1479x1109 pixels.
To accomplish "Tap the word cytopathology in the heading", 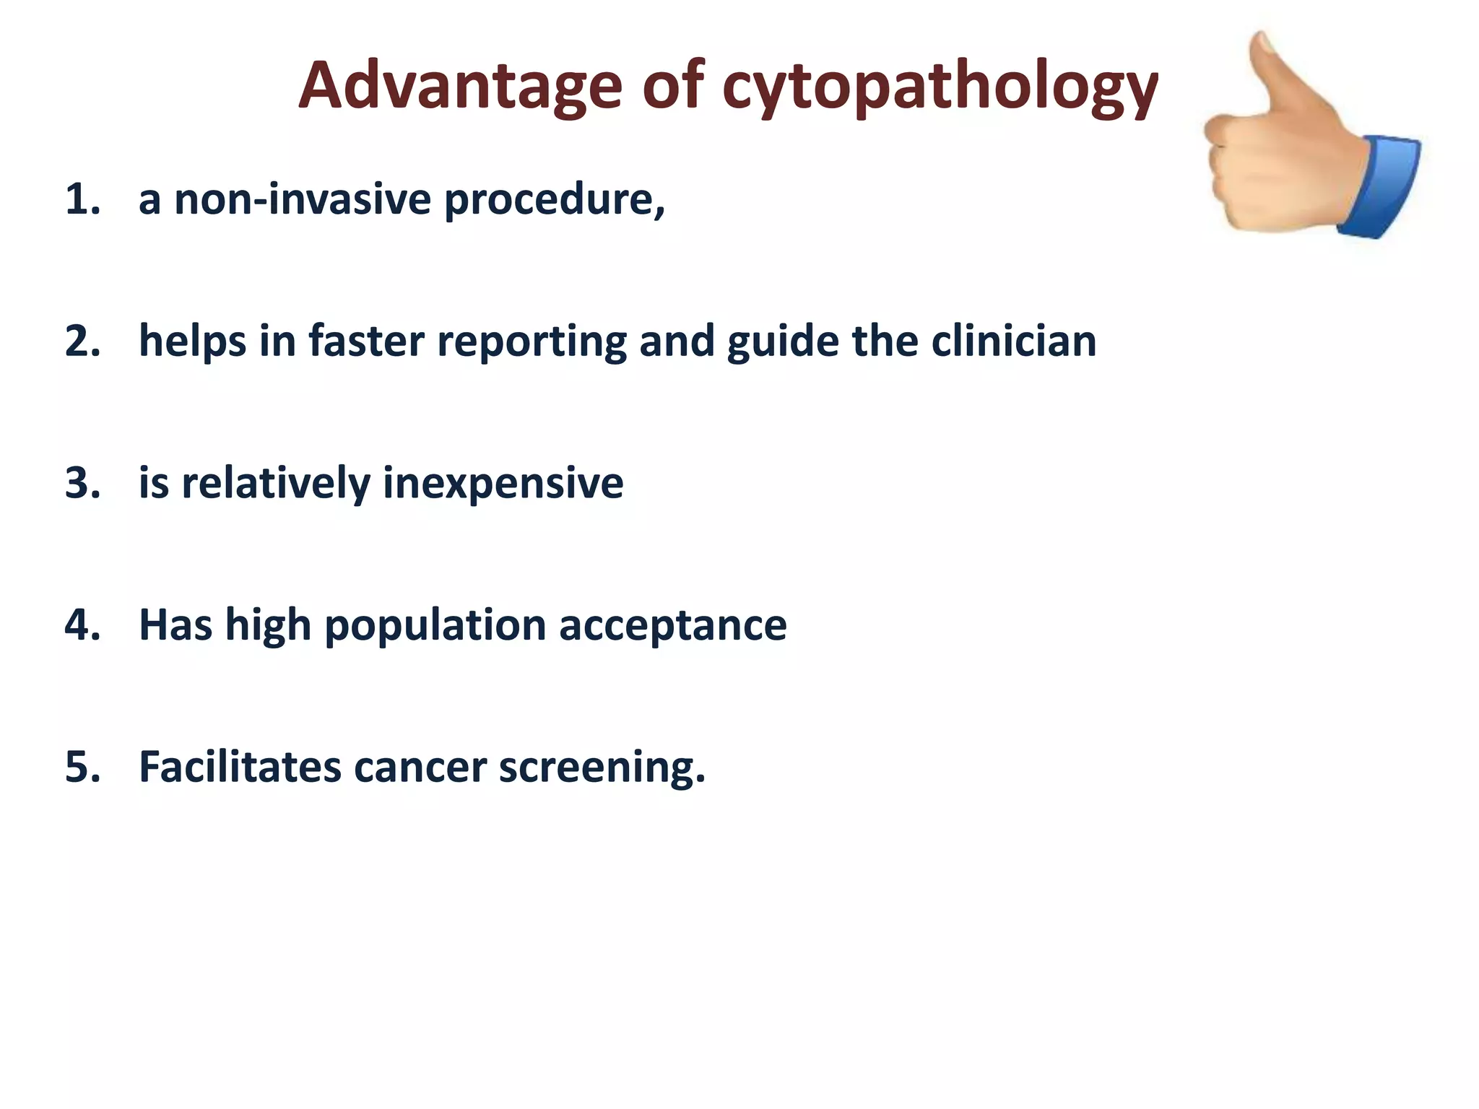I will pos(940,88).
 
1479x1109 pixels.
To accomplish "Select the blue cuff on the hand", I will pos(1380,186).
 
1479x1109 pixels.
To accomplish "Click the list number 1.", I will pos(81,199).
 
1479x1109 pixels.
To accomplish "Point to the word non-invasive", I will pos(303,199).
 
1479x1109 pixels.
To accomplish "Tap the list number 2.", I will pos(82,341).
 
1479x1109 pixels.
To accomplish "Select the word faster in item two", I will pos(366,341).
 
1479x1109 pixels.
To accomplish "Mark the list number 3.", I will pos(82,483).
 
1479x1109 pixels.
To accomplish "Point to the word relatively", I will pos(275,483).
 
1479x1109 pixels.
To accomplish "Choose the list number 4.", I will pos(82,625).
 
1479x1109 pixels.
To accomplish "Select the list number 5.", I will pos(82,767).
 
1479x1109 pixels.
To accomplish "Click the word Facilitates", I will pos(240,767).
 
